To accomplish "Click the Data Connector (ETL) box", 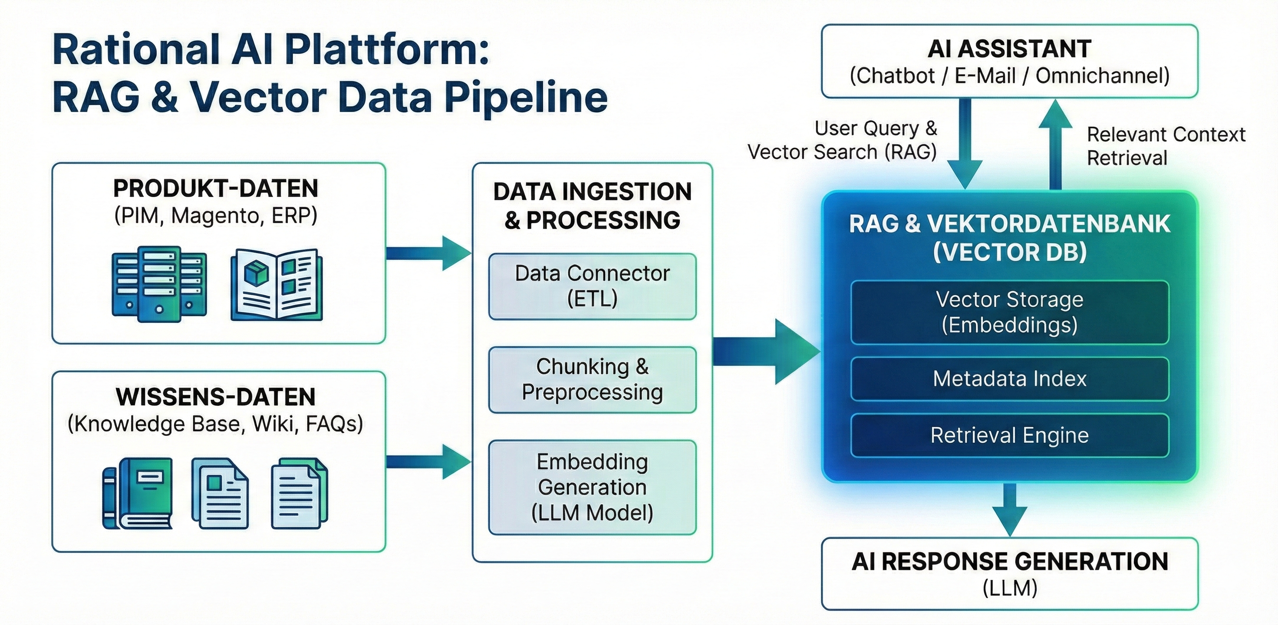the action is point(593,286).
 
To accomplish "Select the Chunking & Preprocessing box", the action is point(593,380).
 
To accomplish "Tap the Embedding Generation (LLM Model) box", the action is point(593,487).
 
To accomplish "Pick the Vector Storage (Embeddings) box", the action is point(1010,312).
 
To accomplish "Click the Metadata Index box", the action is point(1010,379).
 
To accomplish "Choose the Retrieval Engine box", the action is point(1010,435).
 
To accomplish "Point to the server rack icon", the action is point(159,284).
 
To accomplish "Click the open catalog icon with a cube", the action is point(277,285).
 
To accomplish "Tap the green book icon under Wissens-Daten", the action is point(138,493).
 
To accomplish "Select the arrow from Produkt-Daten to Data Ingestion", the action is point(428,253).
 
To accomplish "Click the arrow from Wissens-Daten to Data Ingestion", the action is point(428,462).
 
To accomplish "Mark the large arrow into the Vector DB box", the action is point(767,352).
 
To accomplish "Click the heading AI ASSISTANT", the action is point(1010,49).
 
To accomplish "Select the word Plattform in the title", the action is point(388,49).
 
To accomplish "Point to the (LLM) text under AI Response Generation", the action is point(1010,588).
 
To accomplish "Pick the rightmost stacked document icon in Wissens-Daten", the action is point(300,493).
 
